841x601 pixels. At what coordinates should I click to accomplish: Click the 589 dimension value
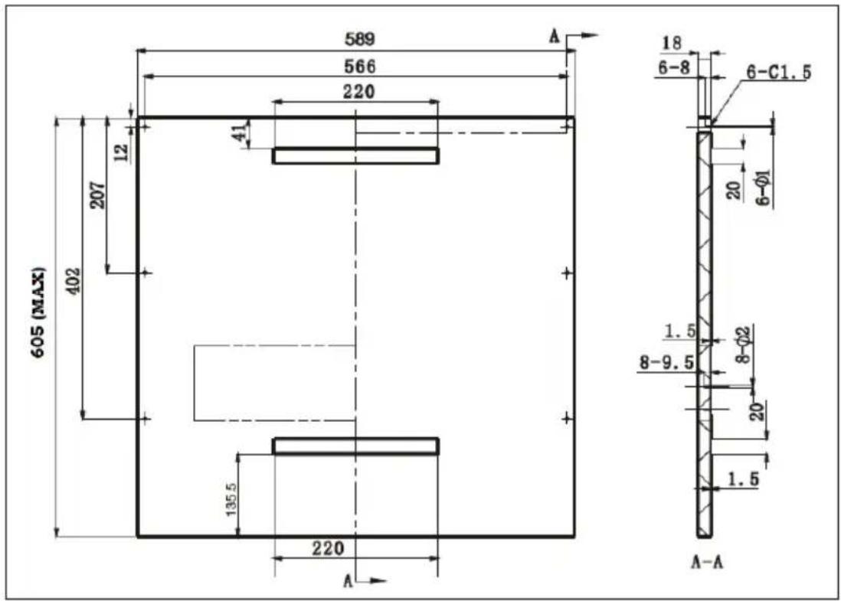coord(359,39)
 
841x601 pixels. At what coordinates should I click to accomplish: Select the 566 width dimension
coord(359,66)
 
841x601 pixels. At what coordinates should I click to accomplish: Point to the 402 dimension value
coord(74,280)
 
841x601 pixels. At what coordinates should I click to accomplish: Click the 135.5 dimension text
coord(231,498)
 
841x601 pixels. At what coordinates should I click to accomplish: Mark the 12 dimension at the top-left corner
coord(122,152)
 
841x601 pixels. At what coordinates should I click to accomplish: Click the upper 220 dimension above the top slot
coord(358,92)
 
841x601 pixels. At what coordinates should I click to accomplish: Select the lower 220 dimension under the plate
coord(328,548)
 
